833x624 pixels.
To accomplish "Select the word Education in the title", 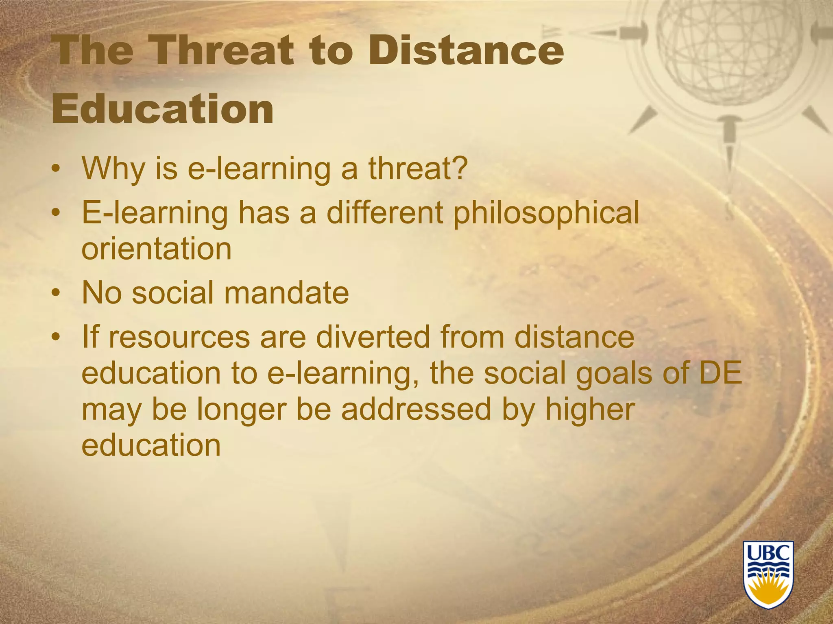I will pyautogui.click(x=163, y=109).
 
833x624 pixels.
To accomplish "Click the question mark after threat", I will pyautogui.click(x=459, y=168).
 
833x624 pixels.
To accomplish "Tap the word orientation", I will pyautogui.click(x=156, y=249).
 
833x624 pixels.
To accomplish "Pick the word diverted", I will pyautogui.click(x=373, y=337).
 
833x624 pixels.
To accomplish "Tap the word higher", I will pyautogui.click(x=590, y=409).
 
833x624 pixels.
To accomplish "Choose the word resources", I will pyautogui.click(x=179, y=338).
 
